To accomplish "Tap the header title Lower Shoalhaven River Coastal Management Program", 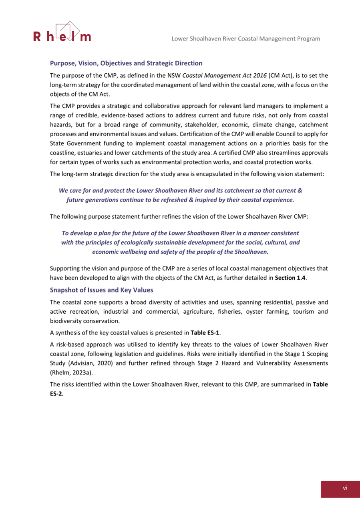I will [245, 38].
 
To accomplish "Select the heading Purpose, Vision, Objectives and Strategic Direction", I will [126, 63].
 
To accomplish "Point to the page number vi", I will [344, 488].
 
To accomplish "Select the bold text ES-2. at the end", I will [57, 393].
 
